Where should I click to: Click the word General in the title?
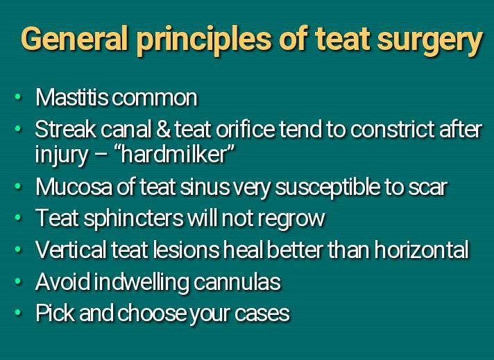[74, 39]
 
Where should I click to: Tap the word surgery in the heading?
[429, 41]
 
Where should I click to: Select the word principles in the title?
[204, 41]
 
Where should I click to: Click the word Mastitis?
[72, 97]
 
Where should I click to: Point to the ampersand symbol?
[163, 130]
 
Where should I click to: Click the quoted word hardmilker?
[178, 154]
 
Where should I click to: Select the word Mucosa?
[74, 187]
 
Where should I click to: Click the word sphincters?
[133, 219]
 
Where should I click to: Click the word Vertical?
[71, 250]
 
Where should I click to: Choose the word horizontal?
[421, 250]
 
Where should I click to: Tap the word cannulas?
[237, 282]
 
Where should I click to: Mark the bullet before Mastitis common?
[18, 97]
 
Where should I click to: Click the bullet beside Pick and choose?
[18, 313]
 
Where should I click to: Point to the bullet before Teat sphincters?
[18, 218]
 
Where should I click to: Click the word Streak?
[66, 130]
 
